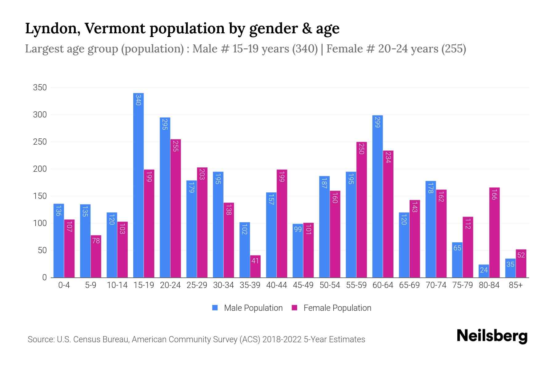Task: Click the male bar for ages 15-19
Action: (138, 185)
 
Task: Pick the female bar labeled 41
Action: (255, 266)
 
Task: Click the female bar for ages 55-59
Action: (361, 210)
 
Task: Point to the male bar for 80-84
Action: (484, 271)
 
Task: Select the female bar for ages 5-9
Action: (96, 256)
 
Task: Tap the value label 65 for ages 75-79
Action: (457, 248)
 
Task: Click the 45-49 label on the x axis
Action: (303, 285)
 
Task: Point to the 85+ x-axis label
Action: (516, 285)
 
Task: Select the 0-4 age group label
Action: (64, 285)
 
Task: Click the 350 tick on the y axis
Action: (40, 88)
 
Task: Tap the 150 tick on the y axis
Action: (40, 196)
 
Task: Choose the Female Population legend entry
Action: (331, 308)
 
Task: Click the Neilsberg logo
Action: (492, 336)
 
